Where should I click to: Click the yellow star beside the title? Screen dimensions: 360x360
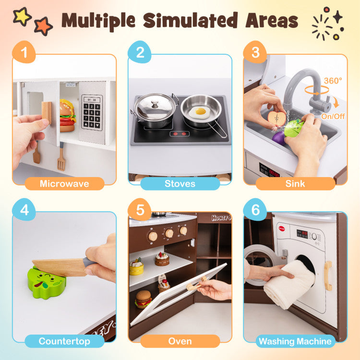[22, 16]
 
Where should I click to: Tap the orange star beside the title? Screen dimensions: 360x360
[43, 26]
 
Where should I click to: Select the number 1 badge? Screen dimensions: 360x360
[24, 52]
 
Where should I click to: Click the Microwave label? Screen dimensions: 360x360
[64, 184]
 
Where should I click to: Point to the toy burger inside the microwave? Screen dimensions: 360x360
[68, 116]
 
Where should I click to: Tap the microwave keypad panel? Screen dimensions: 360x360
[92, 112]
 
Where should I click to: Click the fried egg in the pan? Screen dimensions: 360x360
[199, 112]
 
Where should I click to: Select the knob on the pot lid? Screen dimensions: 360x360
[155, 105]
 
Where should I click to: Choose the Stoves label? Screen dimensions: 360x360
[180, 184]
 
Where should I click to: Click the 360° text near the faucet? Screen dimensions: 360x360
[333, 81]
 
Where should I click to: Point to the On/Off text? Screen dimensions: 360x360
[333, 117]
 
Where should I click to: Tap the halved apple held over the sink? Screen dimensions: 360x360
[277, 118]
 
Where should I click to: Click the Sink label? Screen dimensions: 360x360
[295, 184]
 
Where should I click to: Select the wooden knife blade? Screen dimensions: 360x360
[59, 267]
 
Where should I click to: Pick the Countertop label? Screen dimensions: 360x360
[64, 341]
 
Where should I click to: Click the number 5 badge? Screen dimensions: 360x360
[140, 210]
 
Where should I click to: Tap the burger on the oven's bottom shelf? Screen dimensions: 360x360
[143, 299]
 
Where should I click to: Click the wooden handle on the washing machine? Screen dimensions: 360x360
[328, 276]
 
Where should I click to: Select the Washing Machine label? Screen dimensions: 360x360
[295, 341]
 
